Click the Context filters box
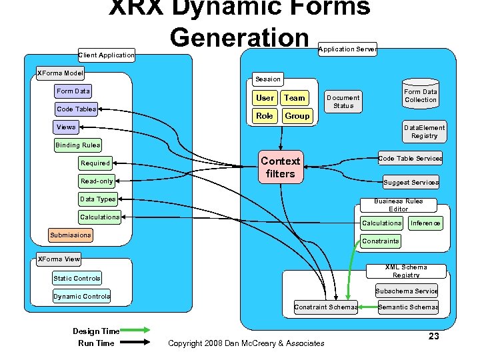(x=280, y=167)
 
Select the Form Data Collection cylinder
(x=421, y=95)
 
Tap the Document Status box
(x=343, y=101)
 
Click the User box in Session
(x=265, y=98)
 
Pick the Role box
(x=265, y=115)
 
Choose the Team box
(x=294, y=98)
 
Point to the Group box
(x=297, y=115)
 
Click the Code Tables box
(x=76, y=109)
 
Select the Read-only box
(x=97, y=181)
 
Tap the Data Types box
(x=97, y=199)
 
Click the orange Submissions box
(x=70, y=235)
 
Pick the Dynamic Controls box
(x=82, y=296)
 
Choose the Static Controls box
(x=77, y=278)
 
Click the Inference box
(x=425, y=223)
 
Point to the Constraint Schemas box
(x=326, y=307)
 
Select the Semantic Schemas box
(x=408, y=307)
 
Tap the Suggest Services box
(x=411, y=182)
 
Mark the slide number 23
(x=433, y=336)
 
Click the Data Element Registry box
(x=424, y=131)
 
